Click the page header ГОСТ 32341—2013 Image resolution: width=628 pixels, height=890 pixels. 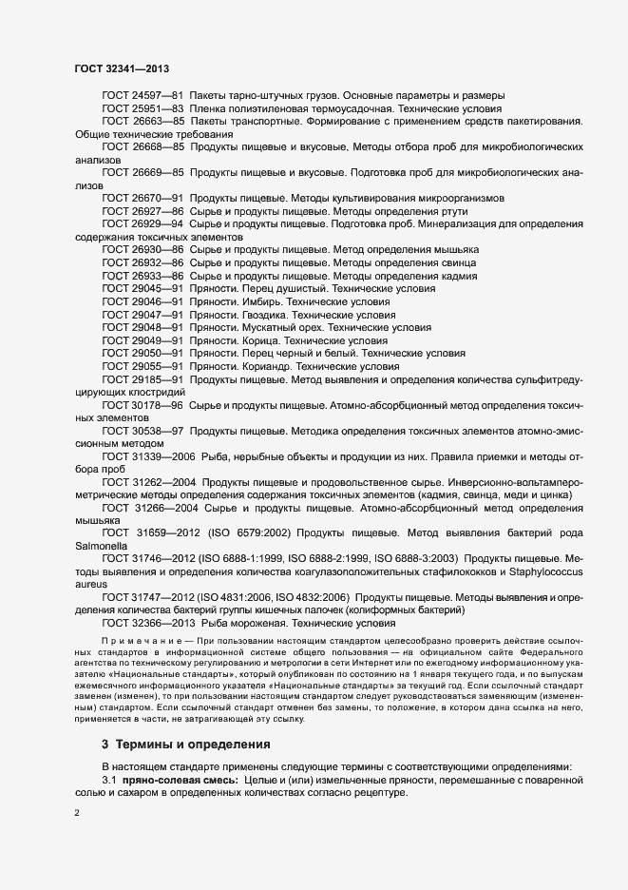[122, 68]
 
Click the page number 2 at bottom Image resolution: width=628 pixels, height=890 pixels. [77, 811]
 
